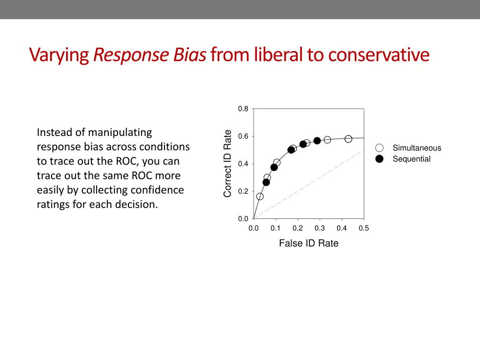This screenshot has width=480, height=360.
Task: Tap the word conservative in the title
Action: click(378, 55)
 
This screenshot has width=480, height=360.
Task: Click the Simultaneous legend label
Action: click(417, 148)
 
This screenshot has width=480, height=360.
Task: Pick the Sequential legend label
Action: click(412, 159)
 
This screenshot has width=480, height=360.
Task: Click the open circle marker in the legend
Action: click(380, 148)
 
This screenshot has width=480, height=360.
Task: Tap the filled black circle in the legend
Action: click(380, 159)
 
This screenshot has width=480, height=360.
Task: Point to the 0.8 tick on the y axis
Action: click(243, 109)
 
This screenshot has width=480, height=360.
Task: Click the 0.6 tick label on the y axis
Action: click(243, 136)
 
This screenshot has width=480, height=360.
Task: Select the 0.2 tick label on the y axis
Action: click(243, 191)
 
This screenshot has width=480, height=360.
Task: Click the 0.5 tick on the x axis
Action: click(364, 228)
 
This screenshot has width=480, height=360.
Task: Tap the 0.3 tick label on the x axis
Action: click(320, 228)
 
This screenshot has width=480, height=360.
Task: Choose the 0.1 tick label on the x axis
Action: click(276, 228)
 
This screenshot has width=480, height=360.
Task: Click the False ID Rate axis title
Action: click(308, 243)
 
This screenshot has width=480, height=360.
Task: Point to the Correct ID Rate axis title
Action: click(228, 164)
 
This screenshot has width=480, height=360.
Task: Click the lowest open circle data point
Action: click(260, 196)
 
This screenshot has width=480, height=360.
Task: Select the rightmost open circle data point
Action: click(348, 139)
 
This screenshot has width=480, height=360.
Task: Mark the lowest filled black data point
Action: click(266, 182)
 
